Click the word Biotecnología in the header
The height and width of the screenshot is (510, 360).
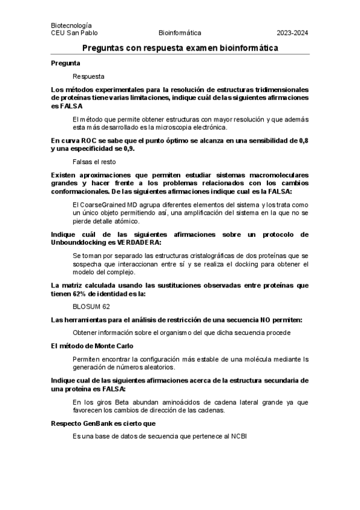coord(72,25)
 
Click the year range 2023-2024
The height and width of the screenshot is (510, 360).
coord(292,33)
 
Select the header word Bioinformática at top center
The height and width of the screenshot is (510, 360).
coord(180,33)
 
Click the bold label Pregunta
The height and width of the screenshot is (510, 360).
coord(66,63)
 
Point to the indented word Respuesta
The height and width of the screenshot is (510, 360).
coord(88,76)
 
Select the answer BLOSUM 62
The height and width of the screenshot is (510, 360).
coord(91,306)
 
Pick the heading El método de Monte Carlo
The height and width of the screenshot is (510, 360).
coord(92,346)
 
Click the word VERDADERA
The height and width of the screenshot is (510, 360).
coord(139,242)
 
